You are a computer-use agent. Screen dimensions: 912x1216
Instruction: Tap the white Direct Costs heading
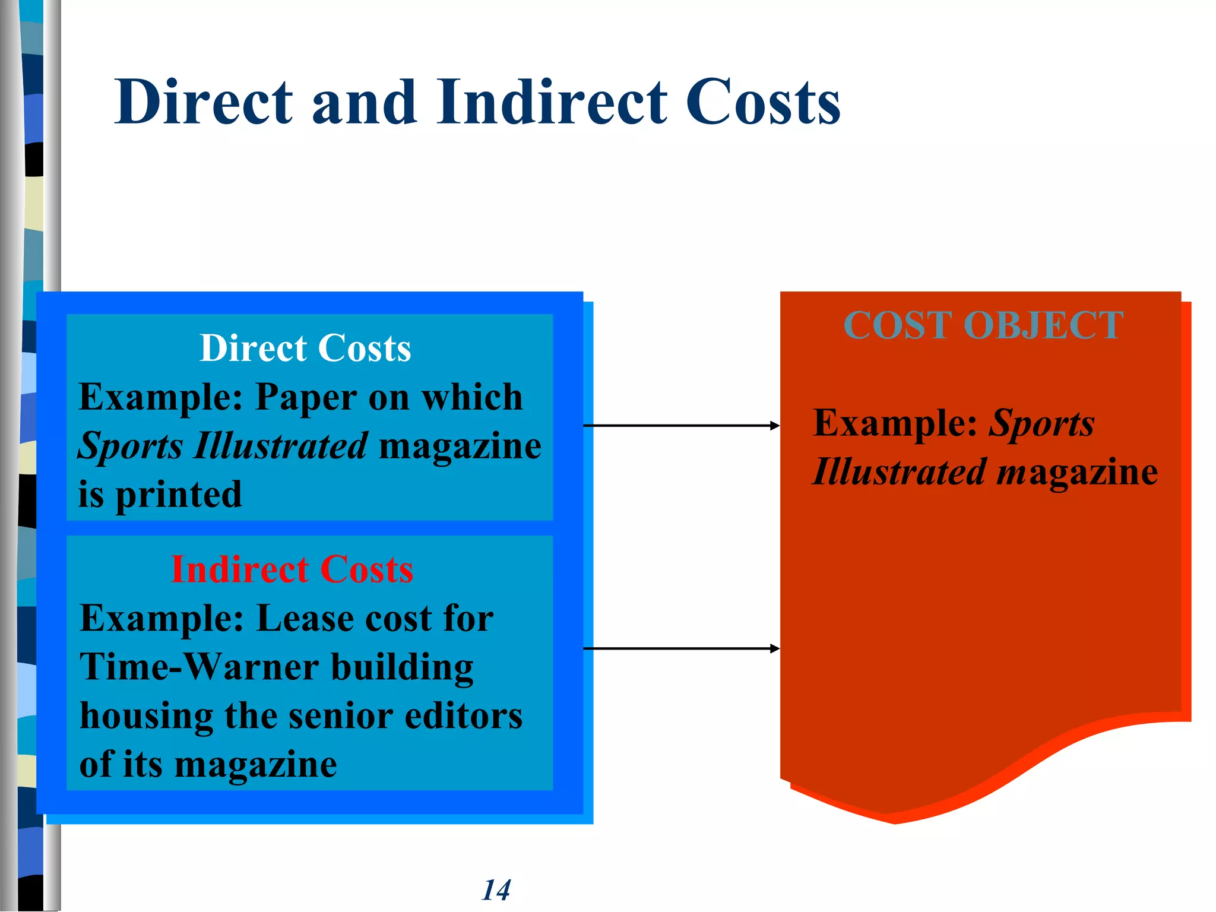pos(305,348)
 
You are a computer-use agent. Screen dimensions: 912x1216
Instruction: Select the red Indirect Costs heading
pos(292,570)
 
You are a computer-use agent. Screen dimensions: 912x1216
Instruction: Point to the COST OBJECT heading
pos(983,325)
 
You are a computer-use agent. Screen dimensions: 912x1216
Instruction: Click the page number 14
pos(496,890)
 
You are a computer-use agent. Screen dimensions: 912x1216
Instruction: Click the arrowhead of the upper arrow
pos(774,426)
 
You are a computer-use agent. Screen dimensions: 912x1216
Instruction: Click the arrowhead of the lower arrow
pos(774,648)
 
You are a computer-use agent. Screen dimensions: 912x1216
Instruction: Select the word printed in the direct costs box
pos(179,495)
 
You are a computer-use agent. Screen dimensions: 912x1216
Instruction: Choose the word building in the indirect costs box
pos(402,667)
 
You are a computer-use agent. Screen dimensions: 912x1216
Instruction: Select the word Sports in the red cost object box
pos(1041,424)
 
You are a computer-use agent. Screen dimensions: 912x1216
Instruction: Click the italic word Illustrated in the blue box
pos(281,446)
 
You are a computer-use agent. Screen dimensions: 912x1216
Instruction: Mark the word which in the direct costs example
pos(472,397)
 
